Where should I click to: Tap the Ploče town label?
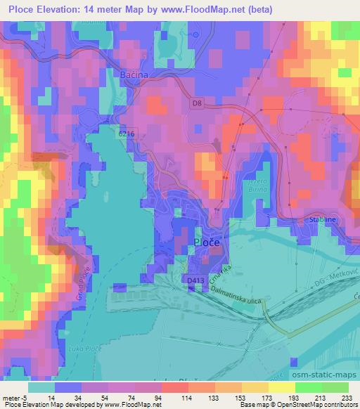(206, 242)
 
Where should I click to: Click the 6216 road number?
(126, 134)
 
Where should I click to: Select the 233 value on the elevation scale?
(347, 397)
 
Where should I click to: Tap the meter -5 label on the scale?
(15, 397)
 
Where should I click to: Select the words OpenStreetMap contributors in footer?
(321, 405)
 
